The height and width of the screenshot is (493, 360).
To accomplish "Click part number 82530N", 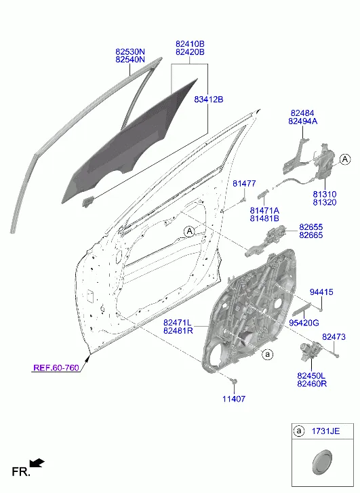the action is (x=130, y=52).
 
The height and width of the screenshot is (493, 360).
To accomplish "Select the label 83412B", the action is (x=208, y=100).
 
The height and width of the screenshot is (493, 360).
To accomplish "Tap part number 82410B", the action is (x=190, y=44).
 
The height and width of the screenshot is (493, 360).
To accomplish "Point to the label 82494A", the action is (x=303, y=121).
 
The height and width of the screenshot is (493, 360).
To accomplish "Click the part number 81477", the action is (x=244, y=183).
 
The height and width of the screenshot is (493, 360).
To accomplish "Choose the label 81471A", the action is (x=264, y=210).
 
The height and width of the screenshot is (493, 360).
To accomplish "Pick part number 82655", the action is (x=311, y=227).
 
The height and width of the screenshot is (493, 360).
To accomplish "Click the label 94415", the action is (x=321, y=292).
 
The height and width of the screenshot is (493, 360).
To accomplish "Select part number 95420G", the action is (x=304, y=323).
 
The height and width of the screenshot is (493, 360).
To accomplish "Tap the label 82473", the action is (x=334, y=337).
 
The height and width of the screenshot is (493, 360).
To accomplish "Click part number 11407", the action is (x=234, y=399).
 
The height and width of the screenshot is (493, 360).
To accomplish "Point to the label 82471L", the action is (x=178, y=323).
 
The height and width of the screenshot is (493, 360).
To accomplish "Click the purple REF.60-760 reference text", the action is (x=56, y=368).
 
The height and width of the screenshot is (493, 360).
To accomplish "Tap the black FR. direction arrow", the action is (x=37, y=463).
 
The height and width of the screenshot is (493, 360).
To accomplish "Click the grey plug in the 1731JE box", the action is (x=322, y=462).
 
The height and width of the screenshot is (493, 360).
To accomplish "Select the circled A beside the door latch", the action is (x=345, y=159).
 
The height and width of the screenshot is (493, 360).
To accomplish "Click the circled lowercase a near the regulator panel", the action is (x=268, y=355).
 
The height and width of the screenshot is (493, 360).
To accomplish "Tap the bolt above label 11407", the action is (x=234, y=381).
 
